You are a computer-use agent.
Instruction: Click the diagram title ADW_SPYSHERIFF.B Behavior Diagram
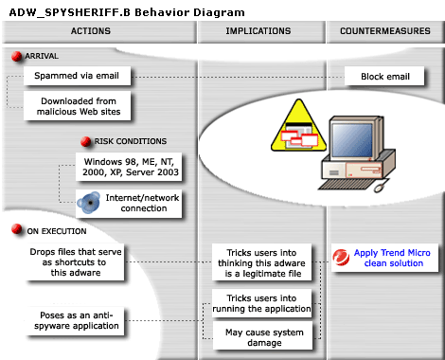[126, 10]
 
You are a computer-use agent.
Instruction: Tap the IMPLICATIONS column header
[258, 31]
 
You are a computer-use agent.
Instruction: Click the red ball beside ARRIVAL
[17, 57]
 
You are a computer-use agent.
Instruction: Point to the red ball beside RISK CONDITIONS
[86, 141]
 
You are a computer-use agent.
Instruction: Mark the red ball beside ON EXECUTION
[17, 229]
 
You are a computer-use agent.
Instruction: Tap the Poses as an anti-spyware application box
[75, 319]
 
